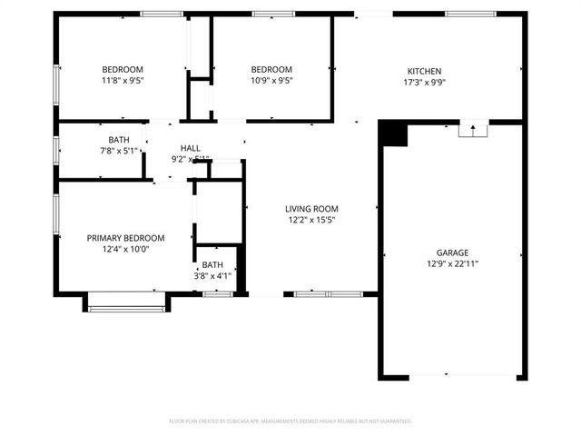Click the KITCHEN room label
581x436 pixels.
[424, 71]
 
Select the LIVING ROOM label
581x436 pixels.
[312, 208]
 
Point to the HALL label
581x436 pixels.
[191, 148]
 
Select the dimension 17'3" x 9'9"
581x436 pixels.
[424, 82]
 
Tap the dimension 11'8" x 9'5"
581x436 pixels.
[123, 81]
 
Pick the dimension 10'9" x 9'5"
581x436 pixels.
[271, 81]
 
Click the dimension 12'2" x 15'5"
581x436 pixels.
[312, 219]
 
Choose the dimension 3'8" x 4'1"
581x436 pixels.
[212, 275]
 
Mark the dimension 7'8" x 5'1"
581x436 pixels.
[119, 151]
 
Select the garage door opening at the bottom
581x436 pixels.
[451, 375]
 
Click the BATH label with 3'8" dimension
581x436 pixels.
[212, 264]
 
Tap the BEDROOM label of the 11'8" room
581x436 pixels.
[123, 70]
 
